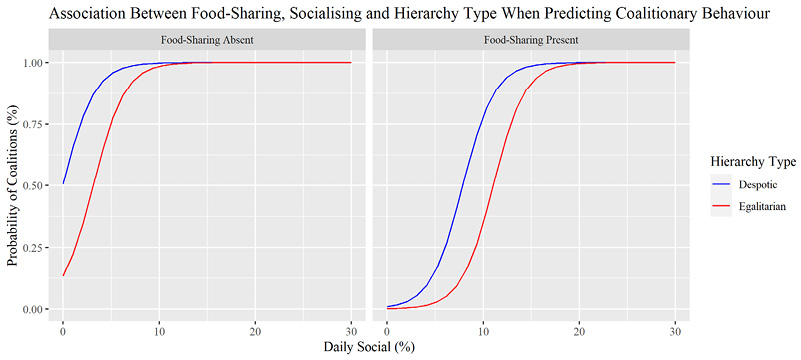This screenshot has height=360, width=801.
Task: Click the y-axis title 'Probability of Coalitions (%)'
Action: (14, 185)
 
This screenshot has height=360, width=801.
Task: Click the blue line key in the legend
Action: (723, 184)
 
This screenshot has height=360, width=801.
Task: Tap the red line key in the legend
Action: (723, 207)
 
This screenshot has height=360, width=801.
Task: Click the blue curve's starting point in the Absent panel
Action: (63, 184)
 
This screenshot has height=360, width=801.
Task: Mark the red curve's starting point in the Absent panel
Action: (63, 275)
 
